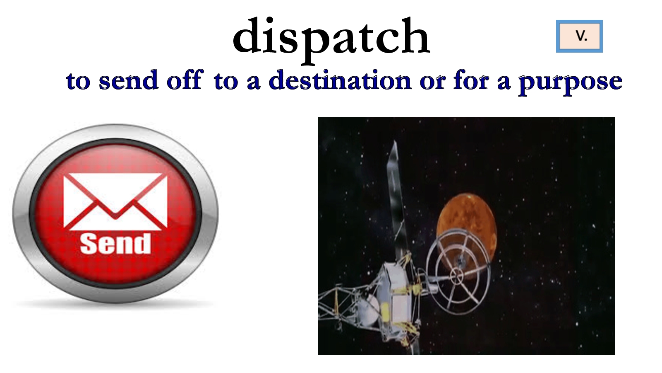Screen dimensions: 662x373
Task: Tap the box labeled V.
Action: pyautogui.click(x=579, y=36)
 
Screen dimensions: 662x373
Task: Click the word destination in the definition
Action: pyautogui.click(x=340, y=80)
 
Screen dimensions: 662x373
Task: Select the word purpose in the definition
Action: pyautogui.click(x=571, y=83)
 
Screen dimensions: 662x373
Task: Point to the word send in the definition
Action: pyautogui.click(x=129, y=80)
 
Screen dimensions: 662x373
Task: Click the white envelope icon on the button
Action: pyautogui.click(x=115, y=201)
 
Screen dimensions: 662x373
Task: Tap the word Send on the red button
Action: pyautogui.click(x=115, y=243)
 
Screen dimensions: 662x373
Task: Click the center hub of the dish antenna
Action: pyautogui.click(x=457, y=276)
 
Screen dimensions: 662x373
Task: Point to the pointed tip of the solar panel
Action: pyautogui.click(x=395, y=141)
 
